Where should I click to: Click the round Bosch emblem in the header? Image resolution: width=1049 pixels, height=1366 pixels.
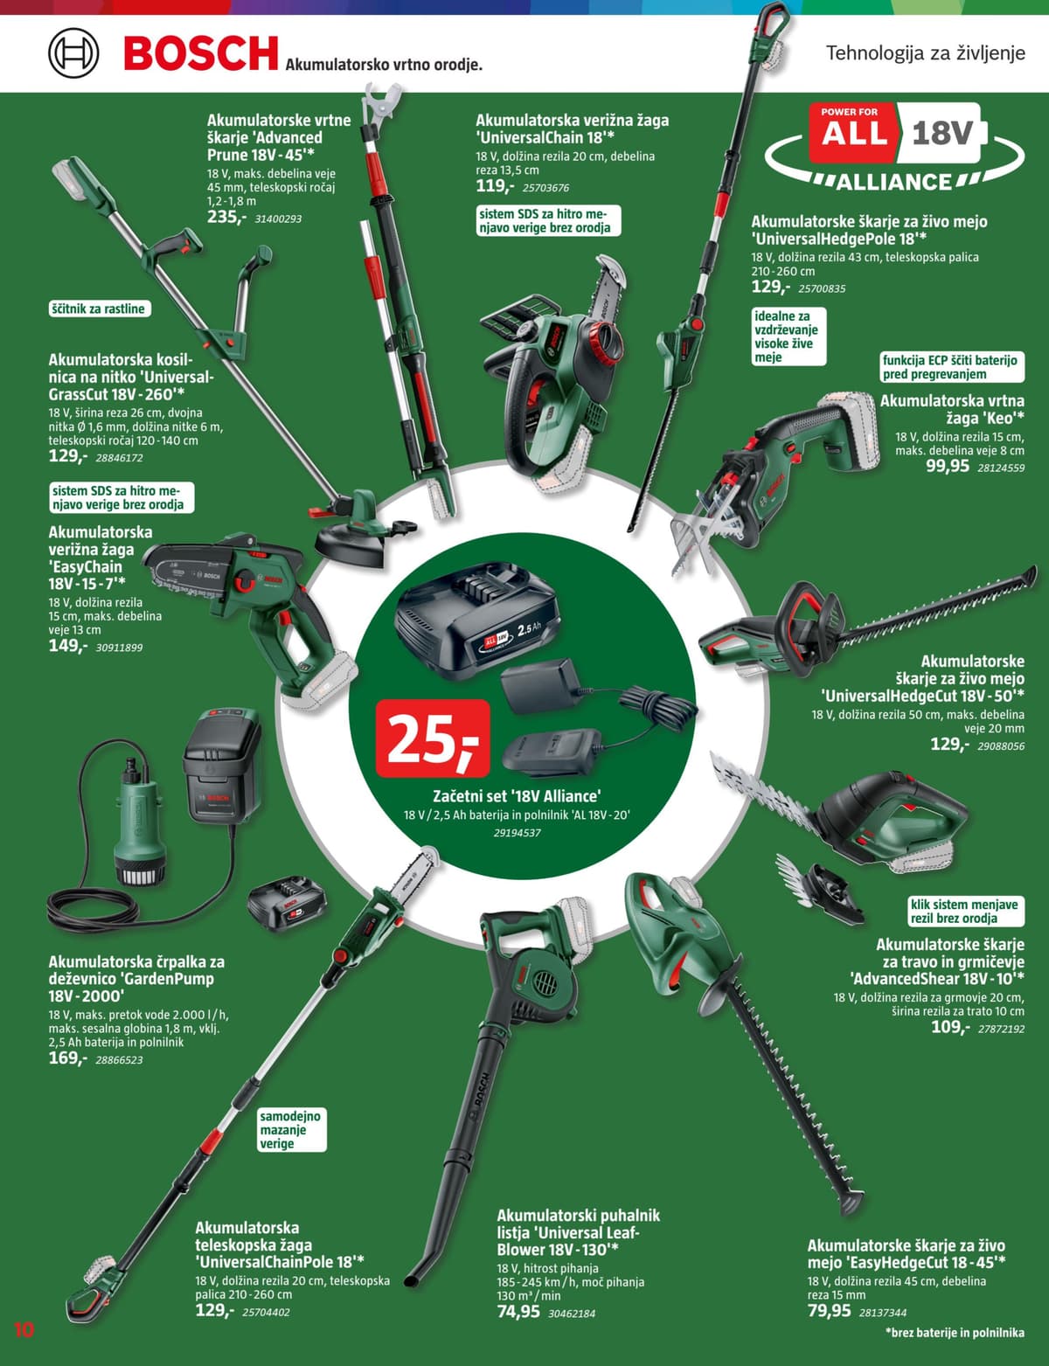click(x=73, y=52)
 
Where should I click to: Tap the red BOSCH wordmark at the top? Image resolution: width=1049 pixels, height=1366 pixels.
click(x=201, y=53)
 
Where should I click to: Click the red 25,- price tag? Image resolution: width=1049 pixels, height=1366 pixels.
click(x=432, y=738)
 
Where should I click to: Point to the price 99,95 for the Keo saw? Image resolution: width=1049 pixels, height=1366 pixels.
click(x=948, y=466)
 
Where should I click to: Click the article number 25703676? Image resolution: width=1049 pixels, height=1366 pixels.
click(x=545, y=188)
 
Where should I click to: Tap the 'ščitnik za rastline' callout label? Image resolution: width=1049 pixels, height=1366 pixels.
click(x=98, y=309)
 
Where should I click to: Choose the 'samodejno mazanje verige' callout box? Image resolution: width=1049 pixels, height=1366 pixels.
click(x=290, y=1130)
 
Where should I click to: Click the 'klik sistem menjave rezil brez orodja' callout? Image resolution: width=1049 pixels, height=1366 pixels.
click(x=964, y=912)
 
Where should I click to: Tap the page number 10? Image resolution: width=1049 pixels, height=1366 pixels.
click(x=24, y=1330)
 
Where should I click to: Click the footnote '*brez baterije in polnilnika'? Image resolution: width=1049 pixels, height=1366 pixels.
click(x=954, y=1333)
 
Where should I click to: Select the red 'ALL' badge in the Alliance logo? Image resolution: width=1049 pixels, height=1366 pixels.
click(x=853, y=133)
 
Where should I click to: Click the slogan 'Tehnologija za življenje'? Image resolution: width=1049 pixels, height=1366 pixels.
click(x=925, y=53)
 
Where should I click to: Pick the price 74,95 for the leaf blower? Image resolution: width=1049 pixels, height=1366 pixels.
click(x=518, y=1312)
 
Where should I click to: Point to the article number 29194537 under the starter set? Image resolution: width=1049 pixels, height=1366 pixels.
click(x=517, y=833)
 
